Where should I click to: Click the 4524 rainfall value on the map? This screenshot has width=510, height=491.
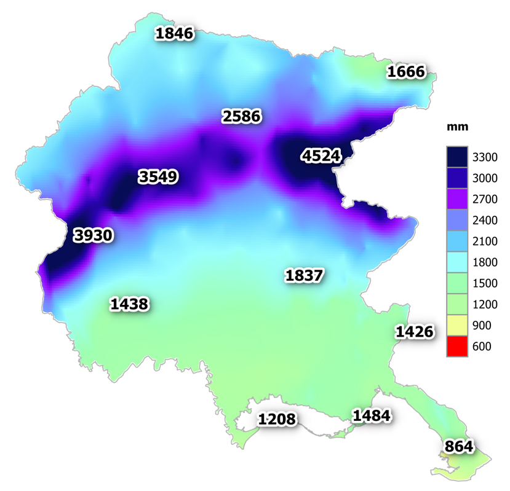pyautogui.click(x=321, y=156)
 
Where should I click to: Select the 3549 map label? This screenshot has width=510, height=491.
pyautogui.click(x=158, y=177)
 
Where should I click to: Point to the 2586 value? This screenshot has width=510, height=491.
pyautogui.click(x=242, y=116)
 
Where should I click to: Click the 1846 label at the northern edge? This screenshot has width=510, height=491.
pyautogui.click(x=175, y=33)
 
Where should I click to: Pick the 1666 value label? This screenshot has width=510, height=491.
pyautogui.click(x=406, y=72)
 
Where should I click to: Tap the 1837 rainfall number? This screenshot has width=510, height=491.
pyautogui.click(x=304, y=275)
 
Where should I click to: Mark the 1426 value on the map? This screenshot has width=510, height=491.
pyautogui.click(x=414, y=332)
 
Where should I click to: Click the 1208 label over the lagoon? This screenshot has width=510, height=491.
pyautogui.click(x=277, y=420)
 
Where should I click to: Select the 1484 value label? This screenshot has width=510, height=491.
pyautogui.click(x=371, y=415)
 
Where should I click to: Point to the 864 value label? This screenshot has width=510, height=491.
pyautogui.click(x=459, y=447)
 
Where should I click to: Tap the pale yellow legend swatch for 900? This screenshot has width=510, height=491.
pyautogui.click(x=458, y=325)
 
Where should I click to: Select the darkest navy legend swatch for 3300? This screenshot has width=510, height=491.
pyautogui.click(x=458, y=157)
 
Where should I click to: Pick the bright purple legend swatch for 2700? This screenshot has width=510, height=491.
pyautogui.click(x=458, y=199)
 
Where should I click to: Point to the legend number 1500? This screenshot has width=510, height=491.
pyautogui.click(x=485, y=283)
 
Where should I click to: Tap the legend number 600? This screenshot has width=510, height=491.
pyautogui.click(x=482, y=347)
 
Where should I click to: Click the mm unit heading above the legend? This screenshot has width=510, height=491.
pyautogui.click(x=458, y=127)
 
